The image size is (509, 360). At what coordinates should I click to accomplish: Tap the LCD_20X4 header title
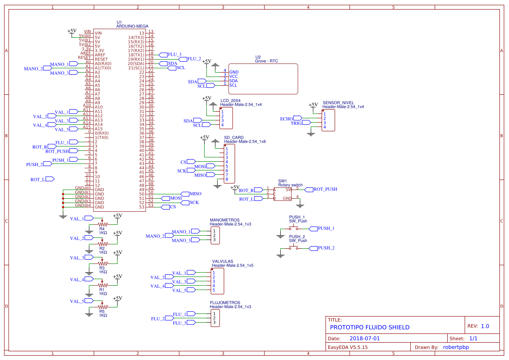(230, 100)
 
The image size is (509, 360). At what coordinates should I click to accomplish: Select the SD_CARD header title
(234, 137)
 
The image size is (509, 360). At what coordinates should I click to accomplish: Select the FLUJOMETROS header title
(225, 303)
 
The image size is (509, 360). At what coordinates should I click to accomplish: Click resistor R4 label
(102, 228)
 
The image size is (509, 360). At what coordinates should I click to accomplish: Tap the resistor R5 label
(102, 311)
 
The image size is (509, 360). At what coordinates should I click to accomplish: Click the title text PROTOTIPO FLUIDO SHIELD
(369, 327)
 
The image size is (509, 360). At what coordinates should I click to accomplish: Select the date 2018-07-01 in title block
(365, 338)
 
